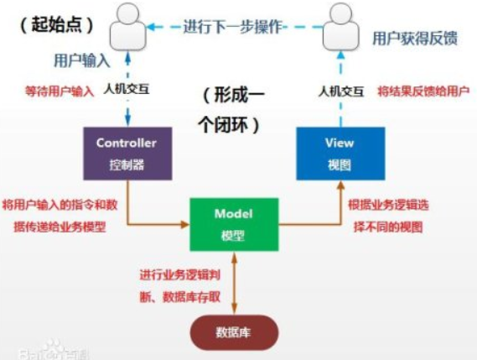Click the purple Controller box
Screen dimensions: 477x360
(x=127, y=154)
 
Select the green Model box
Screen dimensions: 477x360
(x=234, y=225)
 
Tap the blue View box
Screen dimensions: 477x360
(x=340, y=154)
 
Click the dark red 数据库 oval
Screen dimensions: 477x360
(x=234, y=332)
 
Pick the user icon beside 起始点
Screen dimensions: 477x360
(x=127, y=27)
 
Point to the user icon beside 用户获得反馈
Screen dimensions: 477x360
(x=340, y=27)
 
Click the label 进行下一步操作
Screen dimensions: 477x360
(x=233, y=27)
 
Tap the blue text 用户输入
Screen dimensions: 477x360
(x=81, y=60)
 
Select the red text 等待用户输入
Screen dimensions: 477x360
(x=60, y=91)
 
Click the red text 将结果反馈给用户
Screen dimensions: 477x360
(x=423, y=91)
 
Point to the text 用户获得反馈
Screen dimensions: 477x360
(x=415, y=39)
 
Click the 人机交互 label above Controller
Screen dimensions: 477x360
(x=127, y=89)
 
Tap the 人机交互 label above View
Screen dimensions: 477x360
(x=341, y=91)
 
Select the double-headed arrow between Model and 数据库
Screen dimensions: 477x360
(x=234, y=284)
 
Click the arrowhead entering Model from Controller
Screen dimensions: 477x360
(x=185, y=225)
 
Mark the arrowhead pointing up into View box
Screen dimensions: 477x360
(x=340, y=185)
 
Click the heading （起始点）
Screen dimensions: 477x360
(x=57, y=24)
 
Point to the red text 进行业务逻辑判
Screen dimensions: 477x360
(x=179, y=275)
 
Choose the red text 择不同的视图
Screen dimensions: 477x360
(x=388, y=227)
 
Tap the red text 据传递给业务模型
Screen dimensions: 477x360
(x=60, y=227)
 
